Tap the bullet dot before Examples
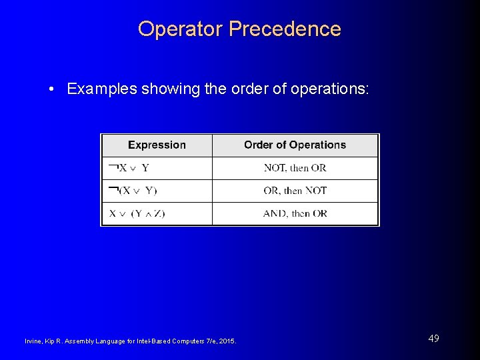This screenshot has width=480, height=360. click(x=51, y=89)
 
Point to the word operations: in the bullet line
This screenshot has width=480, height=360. click(x=330, y=89)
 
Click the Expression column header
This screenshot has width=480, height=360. click(x=157, y=145)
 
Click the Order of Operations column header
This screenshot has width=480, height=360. click(x=295, y=145)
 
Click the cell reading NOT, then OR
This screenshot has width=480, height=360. click(x=295, y=168)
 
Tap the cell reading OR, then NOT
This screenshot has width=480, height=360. click(x=295, y=191)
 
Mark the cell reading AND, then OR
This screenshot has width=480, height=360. click(x=295, y=213)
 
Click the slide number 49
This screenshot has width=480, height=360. click(x=433, y=339)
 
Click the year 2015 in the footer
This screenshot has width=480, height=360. click(x=227, y=341)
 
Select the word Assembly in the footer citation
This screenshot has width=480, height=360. click(x=79, y=341)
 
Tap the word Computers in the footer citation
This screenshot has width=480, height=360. click(x=189, y=341)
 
